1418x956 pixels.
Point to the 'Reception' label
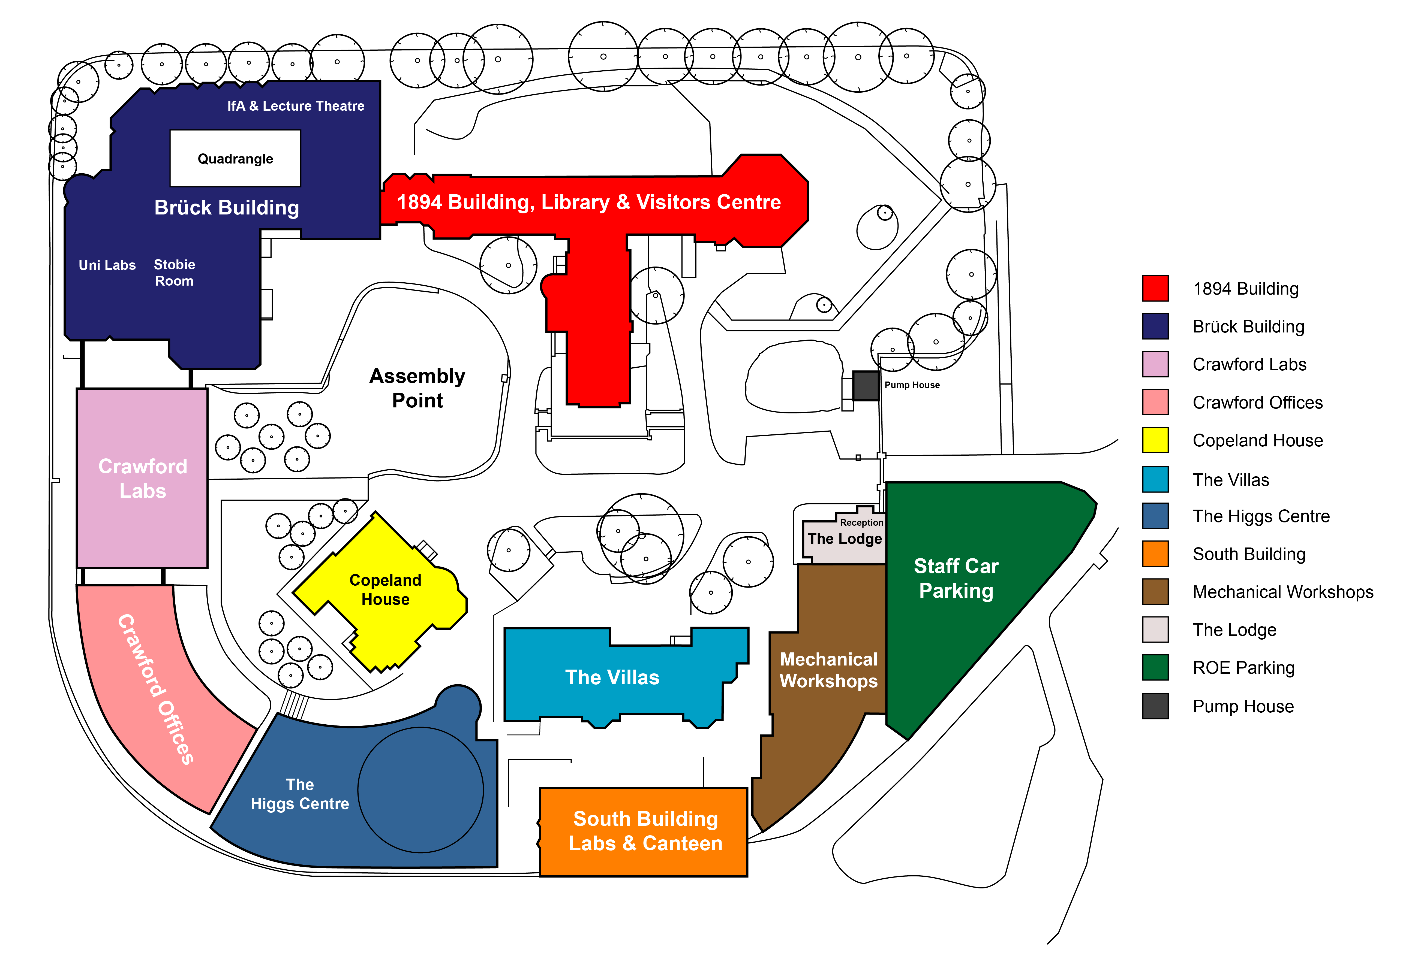(861, 522)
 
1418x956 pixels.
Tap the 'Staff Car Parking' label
(956, 578)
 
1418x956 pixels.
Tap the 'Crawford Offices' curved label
(156, 689)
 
